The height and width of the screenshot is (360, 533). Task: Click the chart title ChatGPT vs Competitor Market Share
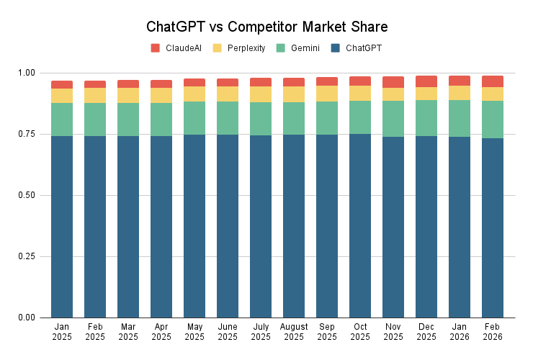pos(266,27)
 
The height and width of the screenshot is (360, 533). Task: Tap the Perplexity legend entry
pos(239,48)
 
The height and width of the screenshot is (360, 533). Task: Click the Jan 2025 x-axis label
pos(62,331)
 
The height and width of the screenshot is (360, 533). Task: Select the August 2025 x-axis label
pos(294,331)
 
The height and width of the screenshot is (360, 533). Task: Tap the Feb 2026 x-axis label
pos(493,331)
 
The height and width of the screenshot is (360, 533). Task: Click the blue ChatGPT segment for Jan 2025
pos(62,227)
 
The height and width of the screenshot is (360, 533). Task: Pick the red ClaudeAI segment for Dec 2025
pos(426,81)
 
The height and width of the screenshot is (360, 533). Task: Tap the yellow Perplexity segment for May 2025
pos(194,94)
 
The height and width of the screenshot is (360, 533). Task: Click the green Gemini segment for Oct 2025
pos(360,117)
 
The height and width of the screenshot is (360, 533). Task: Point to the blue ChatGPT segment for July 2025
pos(261,227)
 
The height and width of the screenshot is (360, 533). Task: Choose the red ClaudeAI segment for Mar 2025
pos(128,84)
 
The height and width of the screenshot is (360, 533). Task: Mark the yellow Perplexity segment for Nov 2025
pos(393,94)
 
